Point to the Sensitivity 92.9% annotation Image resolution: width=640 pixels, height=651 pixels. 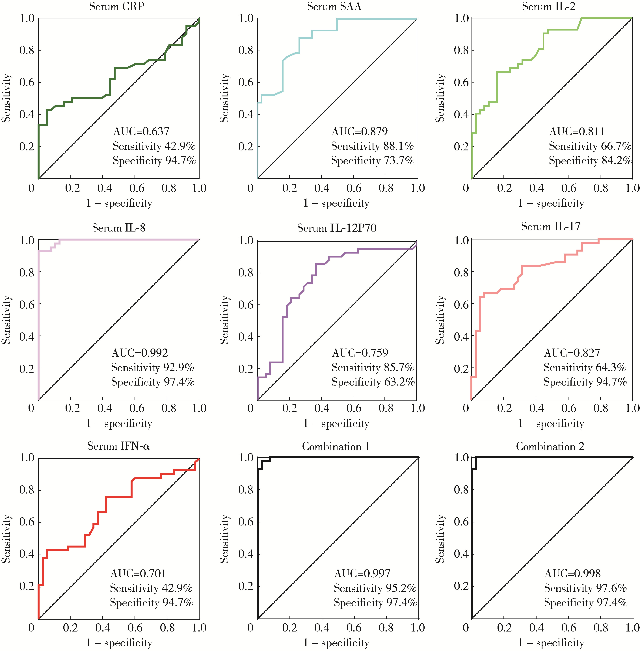[x=152, y=367]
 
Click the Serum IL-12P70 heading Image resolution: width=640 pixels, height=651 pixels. [x=336, y=228]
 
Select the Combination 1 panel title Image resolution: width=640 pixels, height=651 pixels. [x=336, y=447]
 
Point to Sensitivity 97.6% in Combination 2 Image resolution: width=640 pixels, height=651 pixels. [x=585, y=588]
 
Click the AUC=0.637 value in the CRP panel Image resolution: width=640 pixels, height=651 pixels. [x=141, y=131]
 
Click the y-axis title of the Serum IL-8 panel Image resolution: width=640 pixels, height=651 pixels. [x=6, y=320]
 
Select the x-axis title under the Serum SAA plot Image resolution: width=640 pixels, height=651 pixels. [x=336, y=203]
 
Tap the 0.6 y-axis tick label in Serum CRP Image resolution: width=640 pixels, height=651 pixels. [x=27, y=82]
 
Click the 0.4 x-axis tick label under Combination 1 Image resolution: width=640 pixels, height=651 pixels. [x=322, y=628]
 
